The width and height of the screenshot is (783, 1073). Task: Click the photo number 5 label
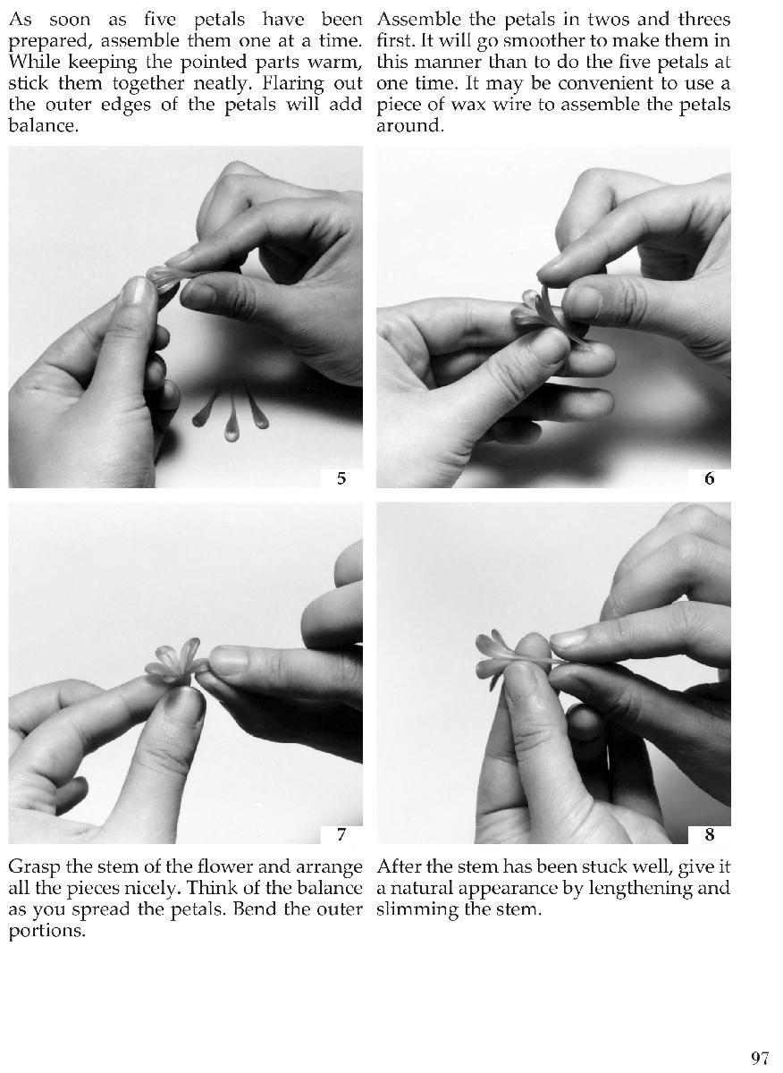(341, 478)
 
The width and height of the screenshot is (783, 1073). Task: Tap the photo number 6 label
(709, 478)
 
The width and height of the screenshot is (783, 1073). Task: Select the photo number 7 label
(341, 835)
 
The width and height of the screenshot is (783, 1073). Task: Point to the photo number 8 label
(709, 835)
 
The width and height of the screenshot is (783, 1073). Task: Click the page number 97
(760, 1059)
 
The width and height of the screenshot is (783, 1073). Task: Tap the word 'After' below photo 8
(398, 866)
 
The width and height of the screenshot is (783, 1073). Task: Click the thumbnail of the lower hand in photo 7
(184, 706)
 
